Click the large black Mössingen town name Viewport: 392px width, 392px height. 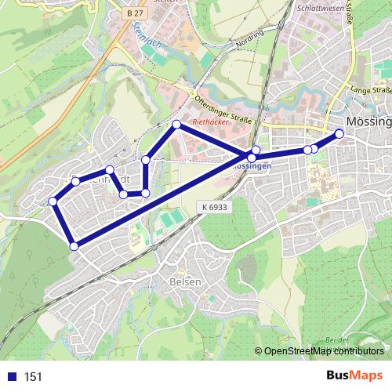click(368, 123)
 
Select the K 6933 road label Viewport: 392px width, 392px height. click(212, 206)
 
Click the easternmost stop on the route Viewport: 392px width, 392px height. click(339, 133)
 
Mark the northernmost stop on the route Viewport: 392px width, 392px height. click(177, 124)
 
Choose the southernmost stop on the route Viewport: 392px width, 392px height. click(74, 246)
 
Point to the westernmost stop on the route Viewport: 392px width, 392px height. click(53, 201)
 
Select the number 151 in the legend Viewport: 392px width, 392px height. click(33, 377)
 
